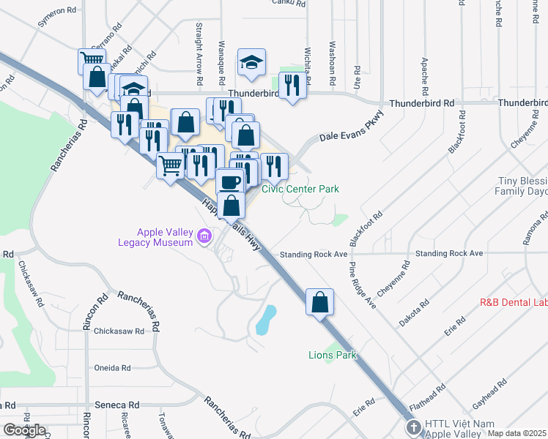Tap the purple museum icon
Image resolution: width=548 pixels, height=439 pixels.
coord(204,236)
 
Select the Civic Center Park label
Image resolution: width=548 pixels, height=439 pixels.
coord(300,189)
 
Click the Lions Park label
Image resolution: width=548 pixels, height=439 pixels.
coord(331,355)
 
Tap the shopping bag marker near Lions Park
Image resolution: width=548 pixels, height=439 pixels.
coord(320,302)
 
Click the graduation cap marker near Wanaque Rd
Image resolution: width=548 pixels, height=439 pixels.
coord(251,63)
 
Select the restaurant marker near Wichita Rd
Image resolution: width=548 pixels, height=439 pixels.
coord(292,86)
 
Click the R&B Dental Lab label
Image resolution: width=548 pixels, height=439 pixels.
coord(513,301)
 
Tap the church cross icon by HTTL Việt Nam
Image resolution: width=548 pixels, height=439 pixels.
coord(412,426)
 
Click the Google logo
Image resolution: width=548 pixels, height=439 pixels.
coord(24,429)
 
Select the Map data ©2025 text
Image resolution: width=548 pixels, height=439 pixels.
coord(516,433)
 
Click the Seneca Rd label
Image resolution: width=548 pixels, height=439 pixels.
coord(117,405)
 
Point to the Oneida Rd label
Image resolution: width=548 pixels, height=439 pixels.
coord(112,368)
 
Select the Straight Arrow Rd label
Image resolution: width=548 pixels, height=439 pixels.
coord(199,52)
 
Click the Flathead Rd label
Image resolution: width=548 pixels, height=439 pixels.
coord(428,394)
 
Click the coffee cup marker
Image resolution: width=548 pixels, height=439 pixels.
coord(230,182)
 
